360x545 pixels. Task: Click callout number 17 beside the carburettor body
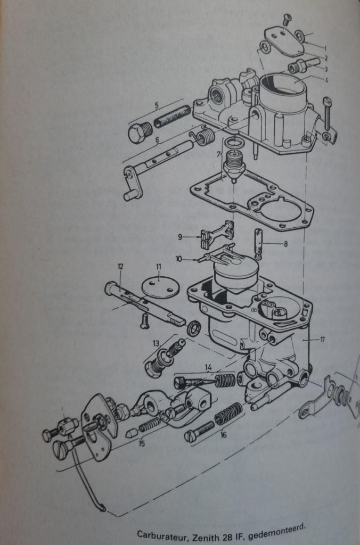click(x=322, y=340)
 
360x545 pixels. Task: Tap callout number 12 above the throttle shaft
click(x=120, y=267)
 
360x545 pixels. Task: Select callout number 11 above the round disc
click(x=159, y=267)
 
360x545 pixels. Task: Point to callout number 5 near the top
click(x=157, y=104)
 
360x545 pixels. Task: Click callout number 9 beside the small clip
click(x=180, y=237)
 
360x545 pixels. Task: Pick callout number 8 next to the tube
click(x=285, y=244)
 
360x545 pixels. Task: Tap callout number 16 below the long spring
click(x=223, y=434)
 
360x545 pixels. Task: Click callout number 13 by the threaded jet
click(x=156, y=343)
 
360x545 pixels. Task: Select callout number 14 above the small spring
click(x=208, y=367)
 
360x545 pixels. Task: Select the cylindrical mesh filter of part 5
click(x=172, y=116)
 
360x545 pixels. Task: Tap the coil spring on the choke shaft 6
click(x=203, y=136)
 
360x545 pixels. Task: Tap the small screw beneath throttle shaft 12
click(x=144, y=320)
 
